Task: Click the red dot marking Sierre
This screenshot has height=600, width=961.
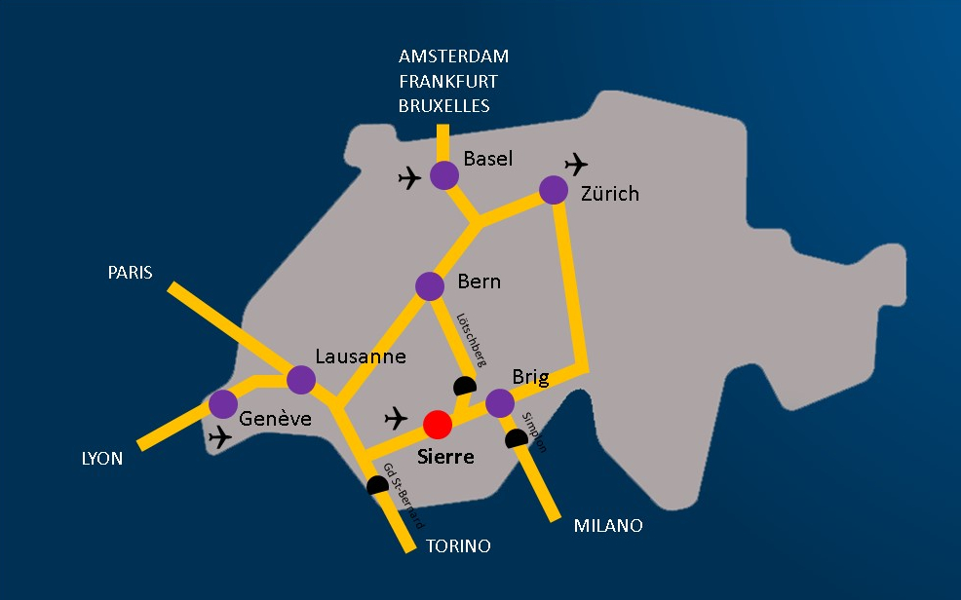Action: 438,425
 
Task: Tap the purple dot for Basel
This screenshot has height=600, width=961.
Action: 444,175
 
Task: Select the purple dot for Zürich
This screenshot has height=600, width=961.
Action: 554,189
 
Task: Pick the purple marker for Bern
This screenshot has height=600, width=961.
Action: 430,286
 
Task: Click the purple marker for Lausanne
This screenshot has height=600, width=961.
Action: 301,380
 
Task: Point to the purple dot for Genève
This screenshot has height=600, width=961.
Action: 223,403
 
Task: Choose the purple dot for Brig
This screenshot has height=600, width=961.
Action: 500,402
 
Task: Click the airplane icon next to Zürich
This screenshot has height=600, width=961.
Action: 577,163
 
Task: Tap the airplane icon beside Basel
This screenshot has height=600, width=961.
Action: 410,178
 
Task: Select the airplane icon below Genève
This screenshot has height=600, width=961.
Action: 221,438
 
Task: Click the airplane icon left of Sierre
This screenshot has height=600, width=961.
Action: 396,419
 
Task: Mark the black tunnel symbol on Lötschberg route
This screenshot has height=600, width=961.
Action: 465,387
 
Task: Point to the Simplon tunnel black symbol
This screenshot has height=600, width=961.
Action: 517,439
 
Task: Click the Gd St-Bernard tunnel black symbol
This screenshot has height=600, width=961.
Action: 378,485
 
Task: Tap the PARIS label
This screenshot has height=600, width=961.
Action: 130,273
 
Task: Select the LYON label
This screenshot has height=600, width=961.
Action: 102,458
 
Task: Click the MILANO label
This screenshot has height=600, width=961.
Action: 608,526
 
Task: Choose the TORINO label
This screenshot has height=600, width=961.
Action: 458,546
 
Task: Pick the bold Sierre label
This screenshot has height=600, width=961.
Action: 445,456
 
